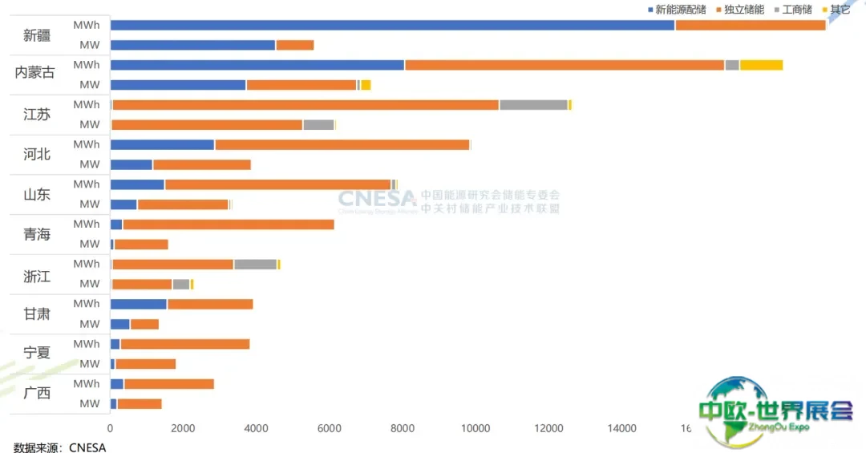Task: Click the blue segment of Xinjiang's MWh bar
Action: pyautogui.click(x=392, y=25)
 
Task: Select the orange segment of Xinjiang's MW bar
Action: pyautogui.click(x=294, y=45)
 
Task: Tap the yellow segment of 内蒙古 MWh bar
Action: pyautogui.click(x=761, y=65)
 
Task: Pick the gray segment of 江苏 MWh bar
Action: pyautogui.click(x=533, y=105)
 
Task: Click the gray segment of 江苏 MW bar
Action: pyautogui.click(x=318, y=124)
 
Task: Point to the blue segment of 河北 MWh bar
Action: pyautogui.click(x=162, y=144)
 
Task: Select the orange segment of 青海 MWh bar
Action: pyautogui.click(x=228, y=224)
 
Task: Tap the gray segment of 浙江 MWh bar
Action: pyautogui.click(x=255, y=264)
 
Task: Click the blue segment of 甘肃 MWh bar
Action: pyautogui.click(x=138, y=304)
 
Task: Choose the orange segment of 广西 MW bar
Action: pyautogui.click(x=140, y=403)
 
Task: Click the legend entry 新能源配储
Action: pyautogui.click(x=677, y=10)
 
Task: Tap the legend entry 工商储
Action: pyautogui.click(x=793, y=10)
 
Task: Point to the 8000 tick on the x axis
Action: pyautogui.click(x=403, y=428)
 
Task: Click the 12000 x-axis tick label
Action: pyautogui.click(x=549, y=428)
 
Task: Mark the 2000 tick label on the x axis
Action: pyautogui.click(x=184, y=428)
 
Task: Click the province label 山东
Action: pyautogui.click(x=37, y=194)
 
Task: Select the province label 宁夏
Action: pyautogui.click(x=37, y=353)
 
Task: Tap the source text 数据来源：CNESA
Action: pyautogui.click(x=60, y=447)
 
